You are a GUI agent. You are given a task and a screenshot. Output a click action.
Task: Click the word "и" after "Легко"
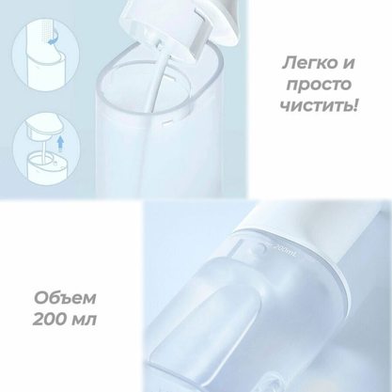coord(349,66)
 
